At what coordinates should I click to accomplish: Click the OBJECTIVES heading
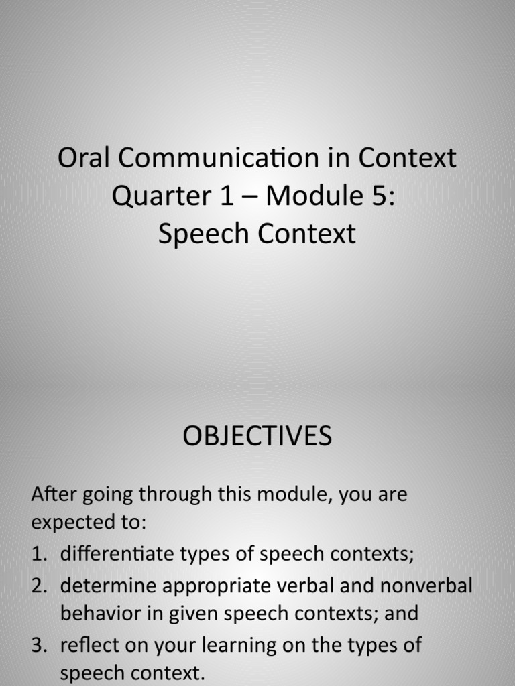pos(257,437)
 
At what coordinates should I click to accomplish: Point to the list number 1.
pos(38,555)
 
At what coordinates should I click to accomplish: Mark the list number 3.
pos(38,645)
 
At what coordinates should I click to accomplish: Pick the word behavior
pos(99,613)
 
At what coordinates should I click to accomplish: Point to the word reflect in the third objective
pos(87,645)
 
